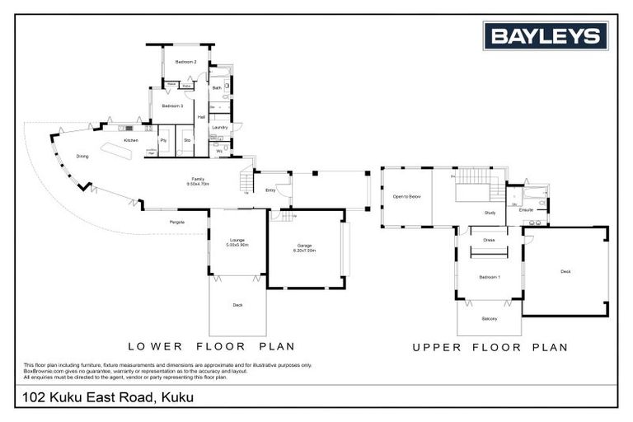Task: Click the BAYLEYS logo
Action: click(x=545, y=36)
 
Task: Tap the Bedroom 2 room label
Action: click(x=185, y=63)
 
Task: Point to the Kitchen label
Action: click(x=131, y=141)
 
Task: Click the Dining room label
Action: click(x=82, y=156)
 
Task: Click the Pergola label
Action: click(x=177, y=223)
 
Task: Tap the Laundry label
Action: click(x=219, y=127)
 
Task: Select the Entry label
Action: click(x=270, y=190)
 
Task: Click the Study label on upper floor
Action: click(x=490, y=213)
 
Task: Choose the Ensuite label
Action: click(x=526, y=209)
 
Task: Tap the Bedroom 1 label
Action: click(x=490, y=277)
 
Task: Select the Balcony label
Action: click(x=490, y=318)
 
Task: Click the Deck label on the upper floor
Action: click(x=565, y=271)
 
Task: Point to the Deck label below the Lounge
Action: click(x=237, y=305)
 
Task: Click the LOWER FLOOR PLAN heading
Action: click(x=211, y=346)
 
